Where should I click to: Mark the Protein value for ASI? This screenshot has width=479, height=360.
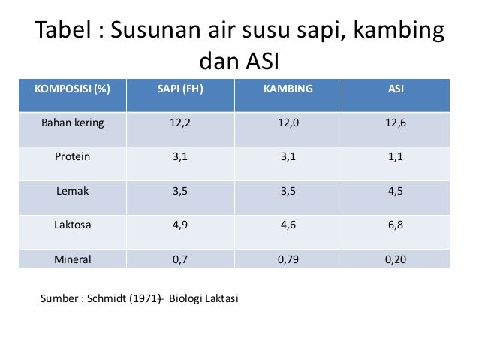[x=396, y=157]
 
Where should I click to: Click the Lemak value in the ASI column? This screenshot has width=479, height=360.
[x=396, y=191]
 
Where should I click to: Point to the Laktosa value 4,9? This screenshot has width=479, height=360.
[x=180, y=225]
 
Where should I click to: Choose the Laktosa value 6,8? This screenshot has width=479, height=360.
[x=396, y=225]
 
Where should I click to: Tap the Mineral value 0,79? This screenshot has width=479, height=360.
[x=288, y=259]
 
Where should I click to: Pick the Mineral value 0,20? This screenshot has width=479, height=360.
[x=396, y=259]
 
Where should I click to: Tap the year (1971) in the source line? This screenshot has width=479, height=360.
[x=146, y=298]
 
